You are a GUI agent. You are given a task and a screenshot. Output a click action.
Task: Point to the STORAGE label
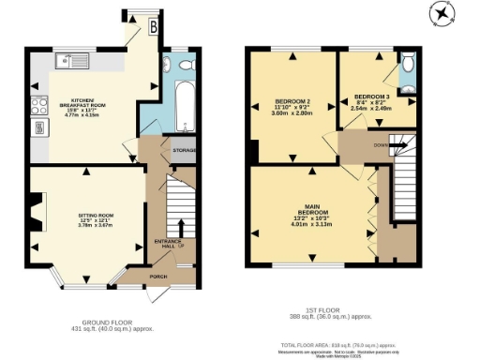tap(185, 149)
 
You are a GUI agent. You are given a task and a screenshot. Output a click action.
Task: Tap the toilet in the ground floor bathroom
tap(186, 65)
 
